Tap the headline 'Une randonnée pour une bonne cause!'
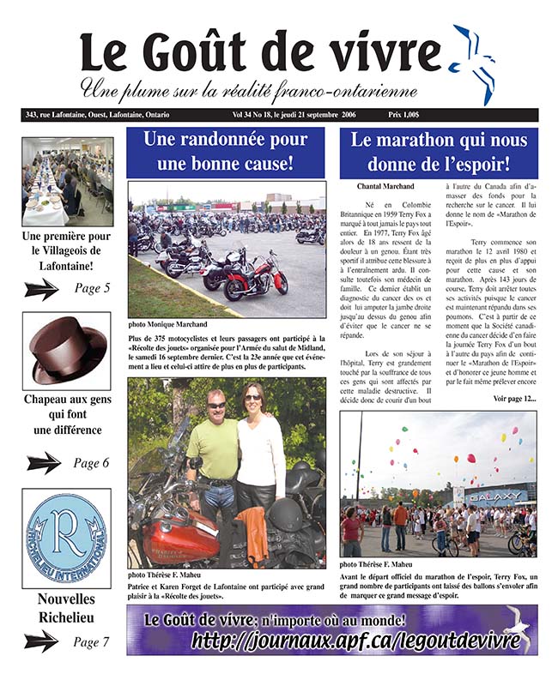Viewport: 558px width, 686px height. (x=226, y=152)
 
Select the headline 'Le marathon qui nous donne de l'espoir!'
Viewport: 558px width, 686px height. (x=438, y=152)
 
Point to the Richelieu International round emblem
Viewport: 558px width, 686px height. (x=66, y=538)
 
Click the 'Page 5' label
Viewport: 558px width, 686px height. (x=92, y=289)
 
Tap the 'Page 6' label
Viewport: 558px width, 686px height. (x=91, y=463)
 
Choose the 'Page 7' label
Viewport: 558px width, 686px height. (x=92, y=641)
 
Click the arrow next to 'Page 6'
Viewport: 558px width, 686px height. (x=43, y=463)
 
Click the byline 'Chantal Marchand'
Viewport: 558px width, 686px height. (x=383, y=186)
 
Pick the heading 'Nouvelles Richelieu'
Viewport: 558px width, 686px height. (x=66, y=608)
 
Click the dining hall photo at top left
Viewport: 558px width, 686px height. (x=67, y=182)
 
